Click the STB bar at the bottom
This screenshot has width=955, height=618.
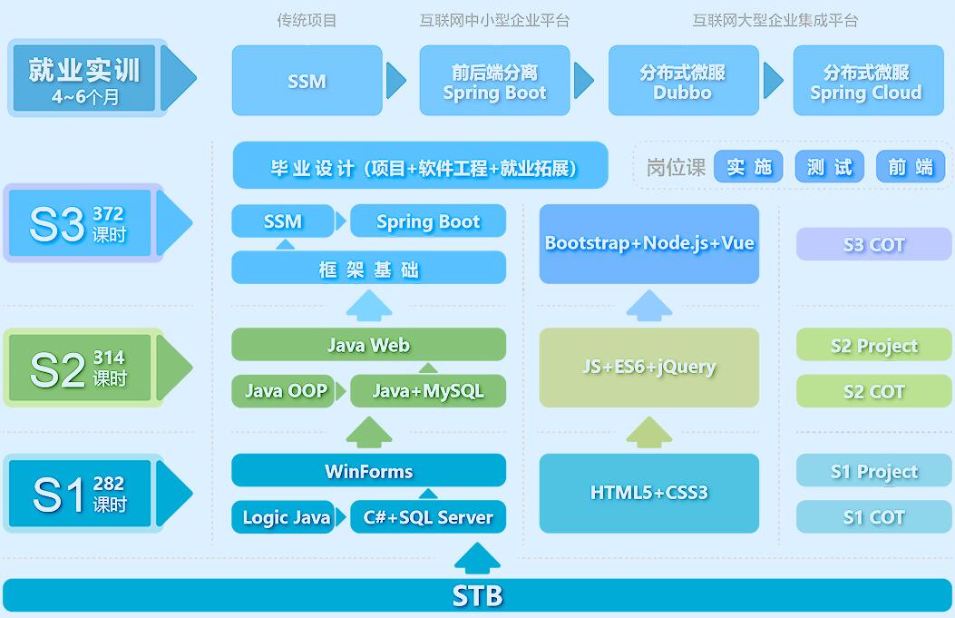click(477, 595)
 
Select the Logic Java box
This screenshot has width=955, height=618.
click(286, 517)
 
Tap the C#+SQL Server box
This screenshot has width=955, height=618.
click(428, 517)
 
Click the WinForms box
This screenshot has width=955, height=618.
click(368, 471)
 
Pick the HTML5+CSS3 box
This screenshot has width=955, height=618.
click(648, 493)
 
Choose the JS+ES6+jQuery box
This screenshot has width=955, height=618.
click(648, 368)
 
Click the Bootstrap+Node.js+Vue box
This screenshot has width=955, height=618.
click(648, 243)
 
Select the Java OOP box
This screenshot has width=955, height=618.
click(286, 391)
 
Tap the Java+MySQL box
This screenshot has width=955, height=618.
click(428, 391)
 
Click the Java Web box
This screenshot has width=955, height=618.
click(368, 345)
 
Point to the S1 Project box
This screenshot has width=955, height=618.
click(873, 472)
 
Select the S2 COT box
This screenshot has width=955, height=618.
click(873, 392)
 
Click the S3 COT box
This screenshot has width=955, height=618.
click(873, 244)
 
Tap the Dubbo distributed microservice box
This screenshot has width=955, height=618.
click(683, 82)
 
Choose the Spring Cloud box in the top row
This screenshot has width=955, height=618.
click(866, 82)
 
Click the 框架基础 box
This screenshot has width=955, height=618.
click(368, 270)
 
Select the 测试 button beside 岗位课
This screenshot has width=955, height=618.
click(829, 167)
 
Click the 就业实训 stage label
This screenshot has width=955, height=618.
click(84, 78)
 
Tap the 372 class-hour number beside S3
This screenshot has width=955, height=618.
click(108, 214)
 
